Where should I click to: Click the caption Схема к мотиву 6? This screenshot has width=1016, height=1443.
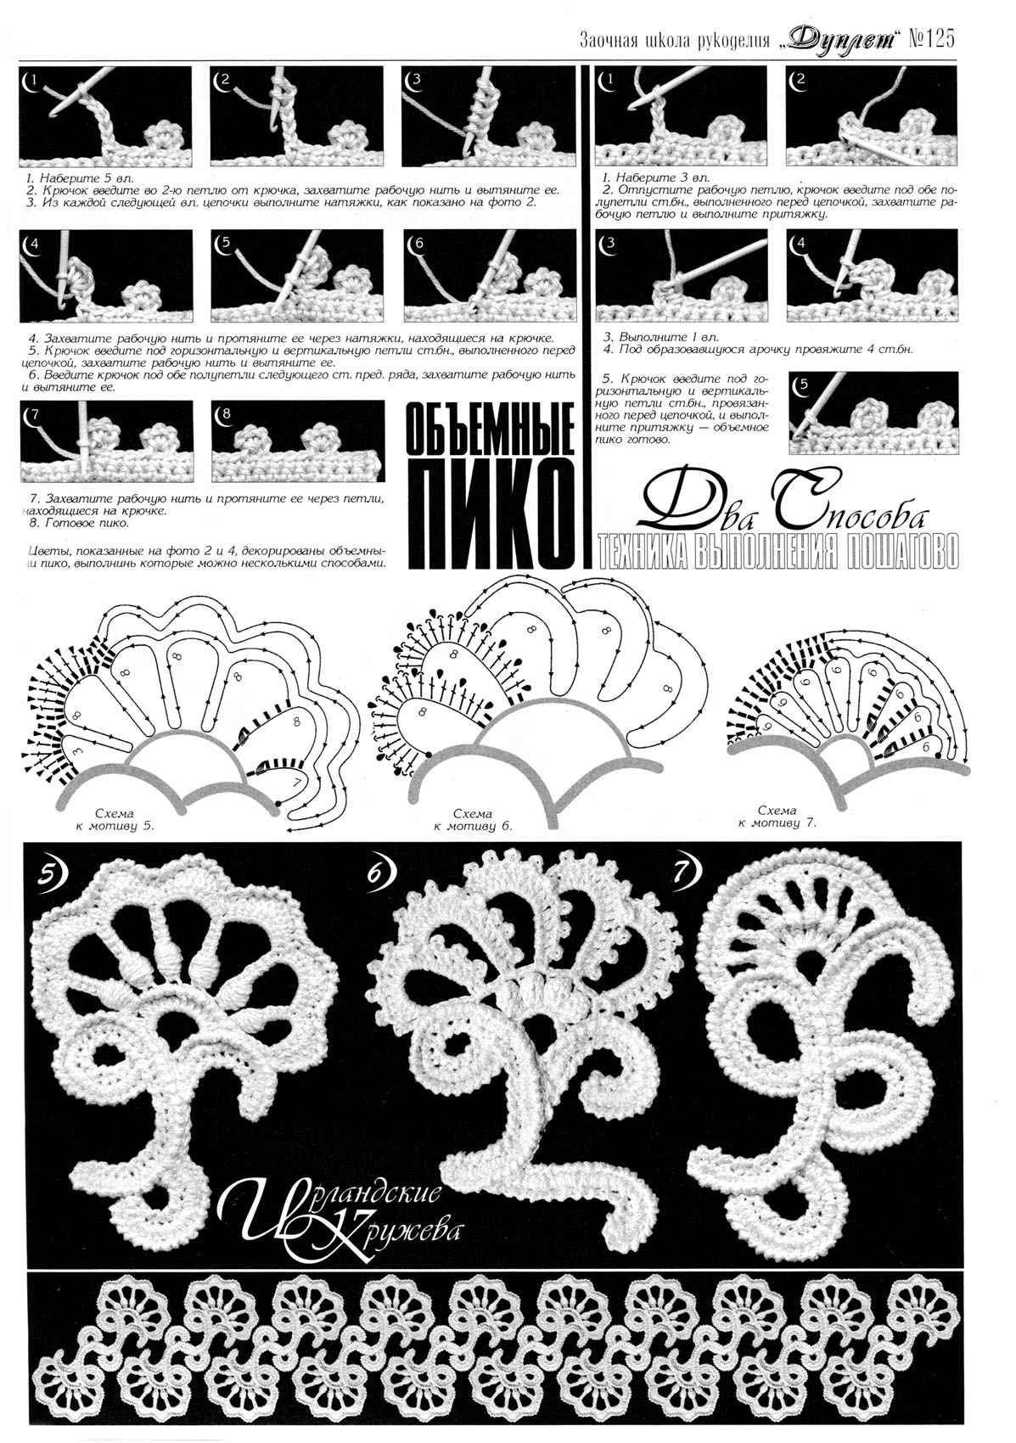(x=473, y=820)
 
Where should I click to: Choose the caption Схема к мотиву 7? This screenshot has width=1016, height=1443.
(x=777, y=817)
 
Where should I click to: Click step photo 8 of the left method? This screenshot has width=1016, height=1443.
(x=300, y=442)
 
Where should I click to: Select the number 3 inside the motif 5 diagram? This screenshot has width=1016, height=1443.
(x=87, y=750)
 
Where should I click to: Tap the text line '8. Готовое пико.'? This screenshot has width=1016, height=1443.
(x=79, y=523)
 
